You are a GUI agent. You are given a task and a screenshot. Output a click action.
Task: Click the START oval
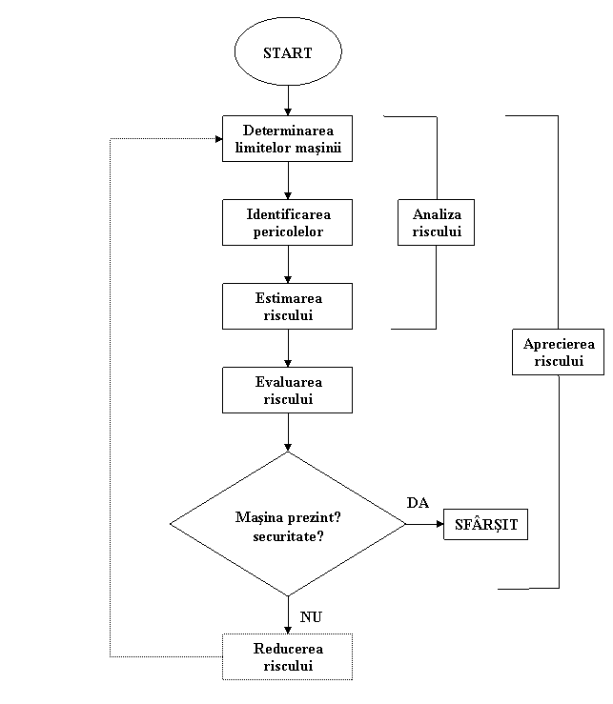[x=287, y=52]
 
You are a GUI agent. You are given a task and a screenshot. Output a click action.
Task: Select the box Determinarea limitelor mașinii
[x=287, y=139]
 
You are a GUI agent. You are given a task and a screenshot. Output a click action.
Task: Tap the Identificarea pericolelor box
[x=287, y=223]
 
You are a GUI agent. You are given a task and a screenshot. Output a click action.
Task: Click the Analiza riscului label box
[x=436, y=223]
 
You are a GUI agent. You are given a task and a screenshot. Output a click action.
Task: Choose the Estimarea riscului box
[x=287, y=307]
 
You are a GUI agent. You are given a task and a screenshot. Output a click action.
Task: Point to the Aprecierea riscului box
[x=558, y=352]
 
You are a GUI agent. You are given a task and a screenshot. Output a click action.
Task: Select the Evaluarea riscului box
[x=287, y=391]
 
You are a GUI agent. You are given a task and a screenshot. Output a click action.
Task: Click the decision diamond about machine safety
[x=287, y=524]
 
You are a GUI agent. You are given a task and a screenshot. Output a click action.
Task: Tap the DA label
[x=417, y=503]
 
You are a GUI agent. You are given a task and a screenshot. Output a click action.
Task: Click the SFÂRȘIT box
[x=485, y=525]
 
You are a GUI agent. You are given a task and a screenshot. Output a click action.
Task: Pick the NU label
[x=310, y=616]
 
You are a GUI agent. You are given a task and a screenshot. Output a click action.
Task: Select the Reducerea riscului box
[x=287, y=657]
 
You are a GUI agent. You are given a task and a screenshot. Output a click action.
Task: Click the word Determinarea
[x=287, y=131]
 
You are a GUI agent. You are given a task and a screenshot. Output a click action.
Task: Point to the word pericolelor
[x=287, y=231]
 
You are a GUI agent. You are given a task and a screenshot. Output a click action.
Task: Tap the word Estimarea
[x=287, y=298]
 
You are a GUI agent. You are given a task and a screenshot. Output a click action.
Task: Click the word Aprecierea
[x=558, y=344]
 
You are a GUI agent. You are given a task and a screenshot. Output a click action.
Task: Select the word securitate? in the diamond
[x=287, y=535]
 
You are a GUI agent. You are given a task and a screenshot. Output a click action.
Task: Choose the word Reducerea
[x=287, y=649]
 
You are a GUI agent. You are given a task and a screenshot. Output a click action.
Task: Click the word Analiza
[x=436, y=214]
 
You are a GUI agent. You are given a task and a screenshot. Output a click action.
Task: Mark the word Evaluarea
[x=287, y=382]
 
